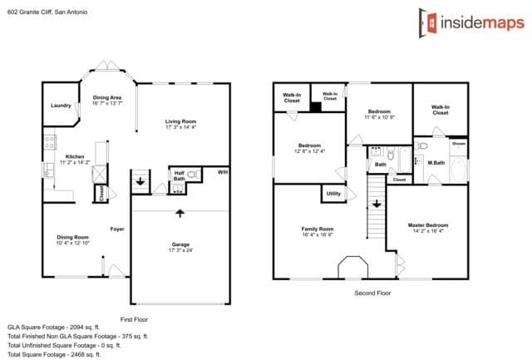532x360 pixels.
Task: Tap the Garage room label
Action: pos(180,244)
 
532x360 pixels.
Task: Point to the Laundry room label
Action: pos(60,106)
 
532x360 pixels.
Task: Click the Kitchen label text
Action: pos(75,156)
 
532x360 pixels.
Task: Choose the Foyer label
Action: pos(117,229)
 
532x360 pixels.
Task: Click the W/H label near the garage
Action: pos(222,172)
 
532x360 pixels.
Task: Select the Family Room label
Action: pos(317,229)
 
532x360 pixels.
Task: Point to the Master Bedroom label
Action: pos(428,225)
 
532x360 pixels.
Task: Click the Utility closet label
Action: pos(333,194)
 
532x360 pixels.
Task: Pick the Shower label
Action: pos(459,144)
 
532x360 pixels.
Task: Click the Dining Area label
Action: pos(108,97)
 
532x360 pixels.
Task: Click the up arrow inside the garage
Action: pos(180,214)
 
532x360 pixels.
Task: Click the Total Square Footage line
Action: pos(54,354)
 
